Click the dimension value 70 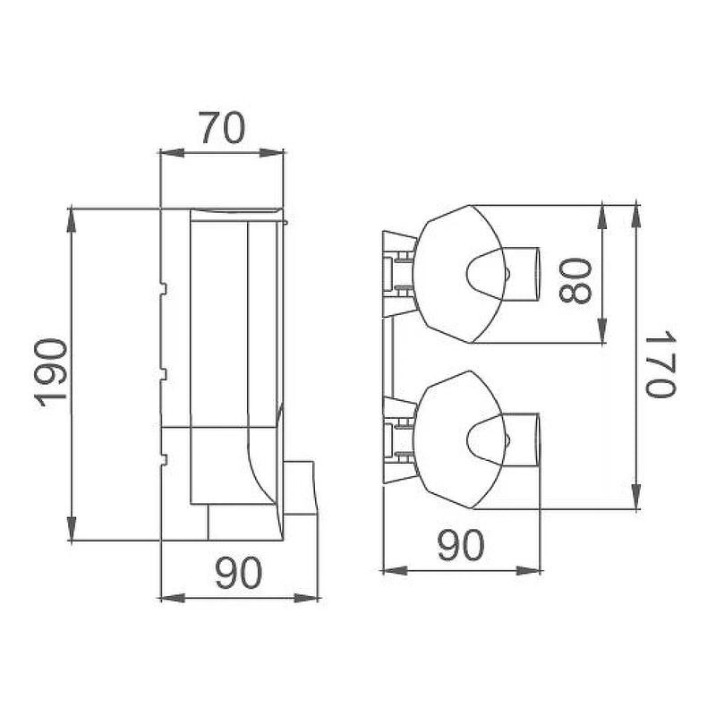(x=223, y=128)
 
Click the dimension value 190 (x=50, y=372)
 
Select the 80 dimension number (x=575, y=281)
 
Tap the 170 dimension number (x=660, y=364)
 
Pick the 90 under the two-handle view (x=460, y=545)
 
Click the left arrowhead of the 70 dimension (x=172, y=153)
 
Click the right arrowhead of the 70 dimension (x=271, y=153)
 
